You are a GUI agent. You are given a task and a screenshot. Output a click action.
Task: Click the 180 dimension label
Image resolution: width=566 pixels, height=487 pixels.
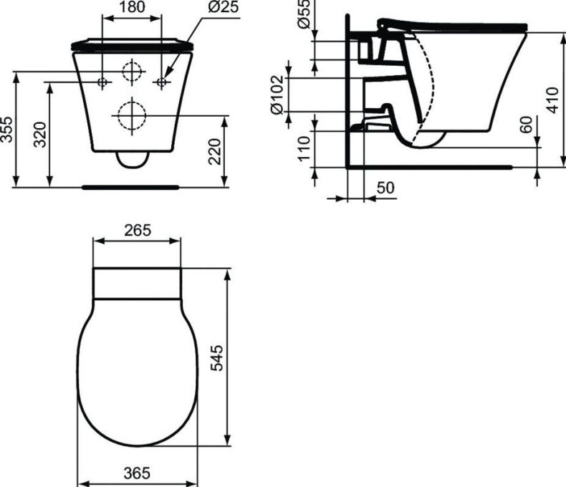[x=132, y=7]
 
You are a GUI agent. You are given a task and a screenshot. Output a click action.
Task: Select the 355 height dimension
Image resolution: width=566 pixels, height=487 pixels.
[x=6, y=130]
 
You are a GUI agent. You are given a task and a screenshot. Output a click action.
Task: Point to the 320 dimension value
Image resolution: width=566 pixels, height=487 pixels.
[x=40, y=134]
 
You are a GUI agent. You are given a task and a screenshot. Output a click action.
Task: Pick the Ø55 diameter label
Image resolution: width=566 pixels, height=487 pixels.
[x=304, y=14]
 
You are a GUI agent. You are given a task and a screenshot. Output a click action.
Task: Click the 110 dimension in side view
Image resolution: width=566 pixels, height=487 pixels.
[x=304, y=149]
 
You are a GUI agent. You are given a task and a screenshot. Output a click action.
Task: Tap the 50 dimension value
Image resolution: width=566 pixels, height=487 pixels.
[x=385, y=188]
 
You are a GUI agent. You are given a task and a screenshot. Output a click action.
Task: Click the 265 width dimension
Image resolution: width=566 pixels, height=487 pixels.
[x=137, y=231]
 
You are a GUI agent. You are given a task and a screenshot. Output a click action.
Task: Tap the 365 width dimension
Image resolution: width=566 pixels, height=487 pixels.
[x=136, y=473]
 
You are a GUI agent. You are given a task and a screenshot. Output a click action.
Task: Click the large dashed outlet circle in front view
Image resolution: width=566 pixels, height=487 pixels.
[x=130, y=115]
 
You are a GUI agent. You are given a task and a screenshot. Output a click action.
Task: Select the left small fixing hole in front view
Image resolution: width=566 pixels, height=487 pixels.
[x=102, y=82]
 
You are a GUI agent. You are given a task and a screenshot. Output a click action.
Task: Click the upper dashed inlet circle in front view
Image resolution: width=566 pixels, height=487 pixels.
[x=131, y=71]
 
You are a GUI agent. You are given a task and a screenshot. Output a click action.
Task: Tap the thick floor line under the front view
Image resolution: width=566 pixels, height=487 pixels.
[x=130, y=186]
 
